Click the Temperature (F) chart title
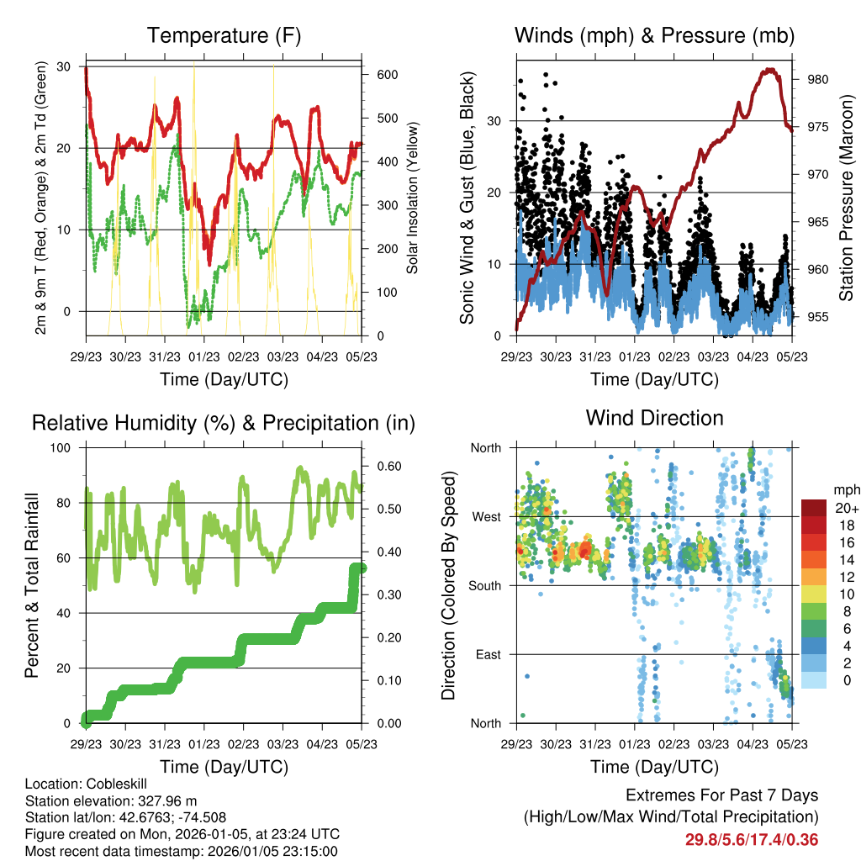pyautogui.click(x=223, y=35)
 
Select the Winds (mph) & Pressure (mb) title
pyautogui.click(x=654, y=35)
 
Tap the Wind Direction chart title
pyautogui.click(x=654, y=417)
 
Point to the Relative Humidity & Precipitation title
pyautogui.click(x=223, y=423)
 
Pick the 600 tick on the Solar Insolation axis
pyautogui.click(x=387, y=75)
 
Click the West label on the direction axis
pyautogui.click(x=485, y=516)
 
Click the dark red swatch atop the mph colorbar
pyautogui.click(x=816, y=508)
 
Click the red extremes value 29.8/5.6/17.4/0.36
pyautogui.click(x=752, y=839)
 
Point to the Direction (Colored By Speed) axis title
pyautogui.click(x=448, y=585)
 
